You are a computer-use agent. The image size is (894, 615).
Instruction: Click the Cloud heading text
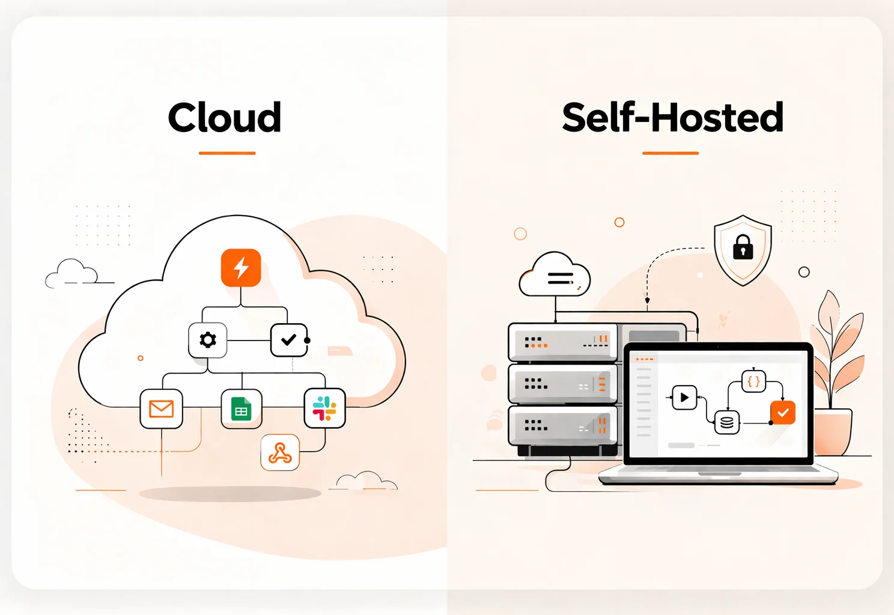225,117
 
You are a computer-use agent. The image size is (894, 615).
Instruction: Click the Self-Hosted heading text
672,117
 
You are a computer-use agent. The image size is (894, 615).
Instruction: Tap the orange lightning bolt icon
241,268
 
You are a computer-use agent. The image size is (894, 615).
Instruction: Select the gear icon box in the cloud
208,340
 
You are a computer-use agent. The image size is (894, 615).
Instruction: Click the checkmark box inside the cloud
289,340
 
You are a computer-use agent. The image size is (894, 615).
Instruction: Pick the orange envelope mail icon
161,409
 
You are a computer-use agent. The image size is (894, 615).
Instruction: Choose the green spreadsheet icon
242,409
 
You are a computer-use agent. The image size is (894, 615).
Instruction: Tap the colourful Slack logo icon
324,408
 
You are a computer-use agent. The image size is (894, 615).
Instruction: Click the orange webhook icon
280,452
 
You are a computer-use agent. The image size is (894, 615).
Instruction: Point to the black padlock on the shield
743,246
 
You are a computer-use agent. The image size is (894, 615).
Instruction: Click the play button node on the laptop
684,397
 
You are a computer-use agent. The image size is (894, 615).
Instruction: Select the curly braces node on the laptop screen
753,381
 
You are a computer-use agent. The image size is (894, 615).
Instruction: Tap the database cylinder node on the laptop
726,423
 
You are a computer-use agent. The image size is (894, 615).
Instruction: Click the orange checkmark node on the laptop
783,413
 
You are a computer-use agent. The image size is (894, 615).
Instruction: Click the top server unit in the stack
563,342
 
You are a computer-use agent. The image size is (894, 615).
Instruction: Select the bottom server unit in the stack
563,425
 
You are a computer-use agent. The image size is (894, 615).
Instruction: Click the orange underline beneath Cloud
227,153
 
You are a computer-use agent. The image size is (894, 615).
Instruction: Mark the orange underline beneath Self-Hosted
670,153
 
